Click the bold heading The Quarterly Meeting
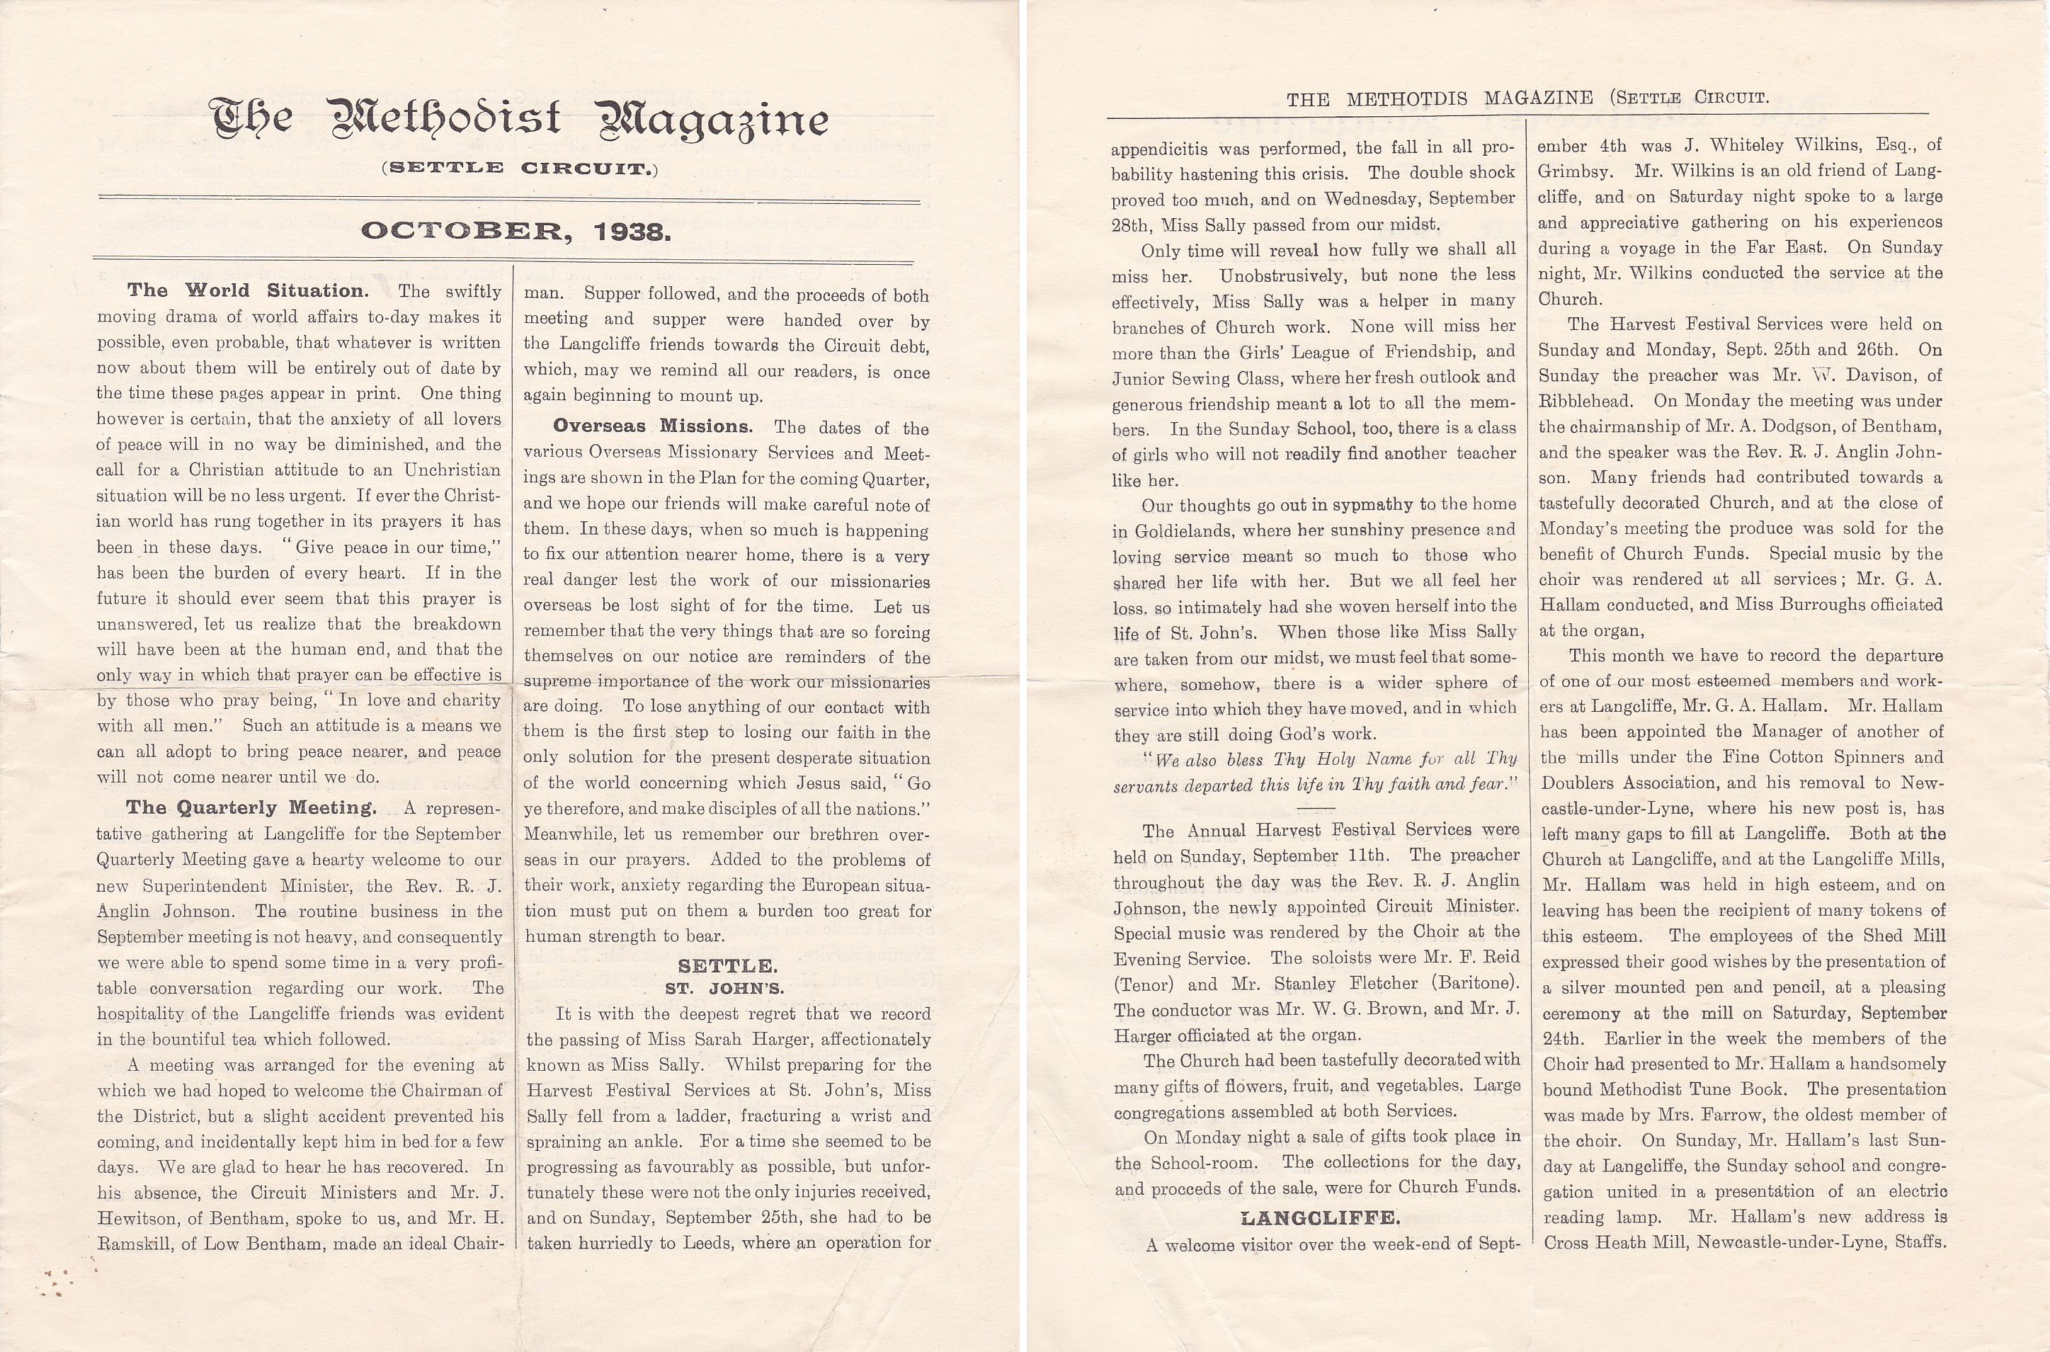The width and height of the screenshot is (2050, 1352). coord(251,808)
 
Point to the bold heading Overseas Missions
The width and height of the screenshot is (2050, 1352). coord(653,426)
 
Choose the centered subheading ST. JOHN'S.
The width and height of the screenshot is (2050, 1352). coord(724,988)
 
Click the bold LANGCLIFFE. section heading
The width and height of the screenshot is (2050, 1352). coord(1320,1217)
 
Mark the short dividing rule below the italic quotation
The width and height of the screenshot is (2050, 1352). coord(1315,808)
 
